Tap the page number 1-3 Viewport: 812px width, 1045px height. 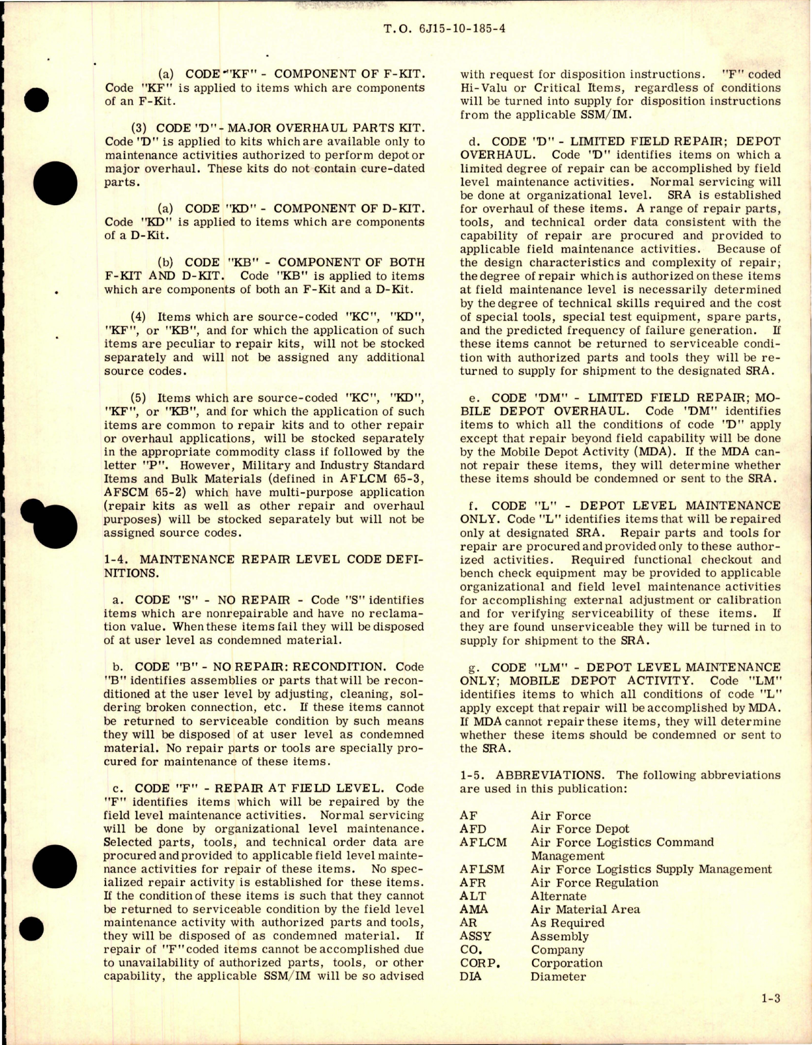tap(770, 1016)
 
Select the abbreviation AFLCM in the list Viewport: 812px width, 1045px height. tap(483, 842)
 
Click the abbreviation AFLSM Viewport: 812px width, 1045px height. tap(482, 869)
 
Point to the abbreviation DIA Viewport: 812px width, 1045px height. tap(470, 977)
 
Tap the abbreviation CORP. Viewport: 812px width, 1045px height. tap(480, 963)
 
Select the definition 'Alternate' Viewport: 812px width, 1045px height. tap(558, 896)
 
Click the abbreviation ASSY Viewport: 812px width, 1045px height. tap(475, 936)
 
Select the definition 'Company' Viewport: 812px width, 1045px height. tap(557, 950)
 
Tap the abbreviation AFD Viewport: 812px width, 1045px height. tap(473, 829)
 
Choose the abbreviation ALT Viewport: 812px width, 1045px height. tap(472, 896)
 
